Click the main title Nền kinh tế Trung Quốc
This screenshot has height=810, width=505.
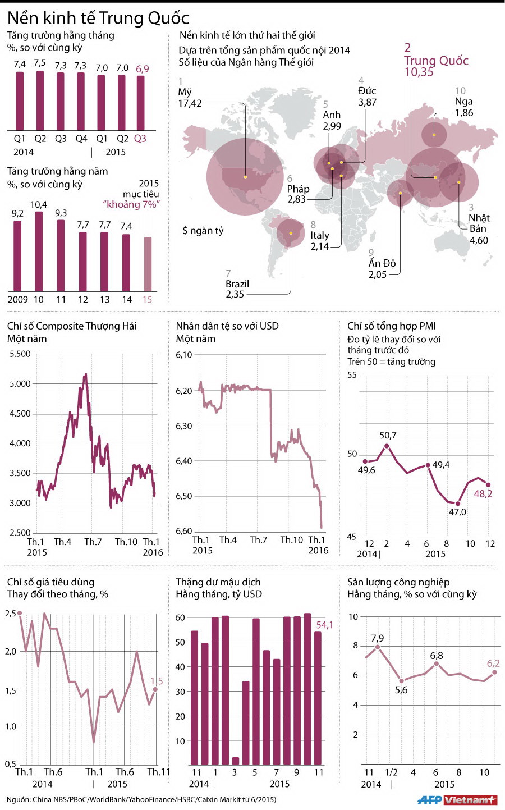tap(98, 18)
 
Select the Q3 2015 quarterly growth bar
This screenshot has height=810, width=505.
tap(140, 103)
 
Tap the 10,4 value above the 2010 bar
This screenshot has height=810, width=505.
tap(39, 205)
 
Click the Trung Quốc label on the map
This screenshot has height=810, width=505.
tap(436, 61)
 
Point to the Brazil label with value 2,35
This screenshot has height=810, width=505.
tap(237, 289)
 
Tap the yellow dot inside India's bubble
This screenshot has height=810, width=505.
tap(401, 193)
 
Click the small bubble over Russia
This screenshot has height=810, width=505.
tap(434, 135)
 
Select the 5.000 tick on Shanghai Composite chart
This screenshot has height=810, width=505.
tap(20, 384)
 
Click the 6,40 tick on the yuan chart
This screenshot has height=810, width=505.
tap(184, 461)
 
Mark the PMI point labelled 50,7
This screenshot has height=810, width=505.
tap(387, 446)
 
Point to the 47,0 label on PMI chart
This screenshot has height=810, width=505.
tap(457, 512)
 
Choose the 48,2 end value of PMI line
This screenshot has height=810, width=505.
tap(483, 494)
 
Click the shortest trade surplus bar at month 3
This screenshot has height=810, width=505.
tap(235, 761)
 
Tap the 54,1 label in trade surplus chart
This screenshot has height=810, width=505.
tap(324, 625)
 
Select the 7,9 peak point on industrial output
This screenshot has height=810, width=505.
tap(378, 647)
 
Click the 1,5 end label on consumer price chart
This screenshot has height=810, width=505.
tap(157, 681)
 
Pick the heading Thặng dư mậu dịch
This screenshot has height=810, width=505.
tap(218, 582)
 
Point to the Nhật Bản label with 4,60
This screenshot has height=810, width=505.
tap(479, 229)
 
